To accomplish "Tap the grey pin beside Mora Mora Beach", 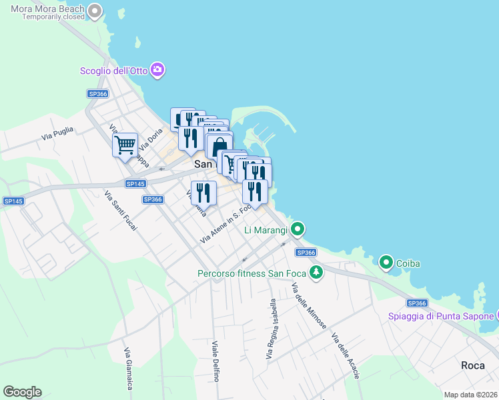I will point(95,11).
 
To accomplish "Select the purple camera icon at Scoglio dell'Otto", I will point(157,69).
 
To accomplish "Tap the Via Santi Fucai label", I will point(121,211).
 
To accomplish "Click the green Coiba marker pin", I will point(386,263).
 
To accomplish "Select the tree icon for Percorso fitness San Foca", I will point(316,272).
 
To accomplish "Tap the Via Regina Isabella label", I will point(273,330).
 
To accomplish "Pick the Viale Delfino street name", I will point(215,361).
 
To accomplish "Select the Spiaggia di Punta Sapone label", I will point(440,315).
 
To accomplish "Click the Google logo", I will point(22,391).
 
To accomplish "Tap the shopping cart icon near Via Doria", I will point(125,144).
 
